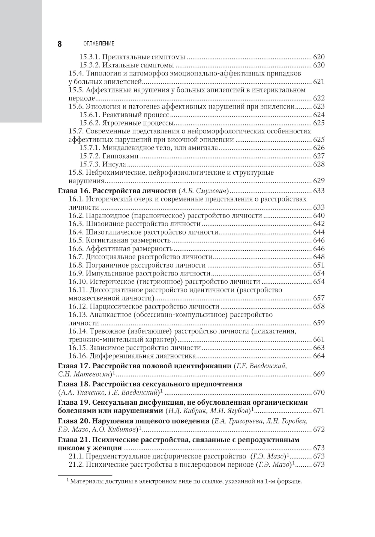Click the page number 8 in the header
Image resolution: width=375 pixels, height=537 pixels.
click(60, 44)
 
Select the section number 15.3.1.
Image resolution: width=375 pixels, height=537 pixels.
click(89, 57)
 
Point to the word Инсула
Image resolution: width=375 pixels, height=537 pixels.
click(114, 164)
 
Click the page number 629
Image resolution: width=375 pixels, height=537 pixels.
click(319, 181)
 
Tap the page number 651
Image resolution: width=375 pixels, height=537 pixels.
click(319, 265)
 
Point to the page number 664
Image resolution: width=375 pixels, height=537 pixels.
click(319, 356)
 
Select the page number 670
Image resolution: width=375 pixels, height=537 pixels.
click(319, 393)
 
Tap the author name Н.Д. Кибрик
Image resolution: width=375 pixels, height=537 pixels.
click(184, 411)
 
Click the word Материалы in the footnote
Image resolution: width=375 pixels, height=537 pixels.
click(86, 481)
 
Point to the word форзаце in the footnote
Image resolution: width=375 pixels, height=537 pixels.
click(290, 481)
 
